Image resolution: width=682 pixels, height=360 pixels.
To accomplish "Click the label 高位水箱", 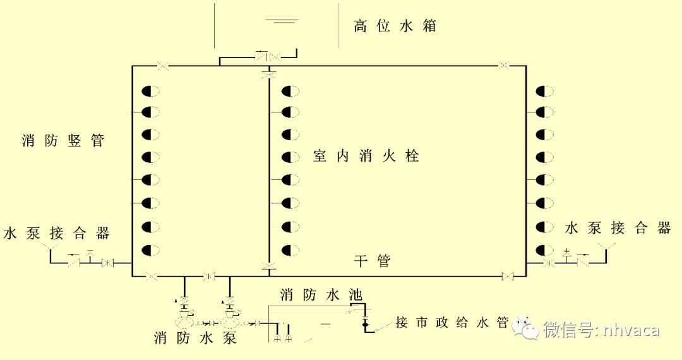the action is click(x=395, y=27).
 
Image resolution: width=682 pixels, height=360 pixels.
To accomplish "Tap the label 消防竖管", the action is click(x=63, y=141).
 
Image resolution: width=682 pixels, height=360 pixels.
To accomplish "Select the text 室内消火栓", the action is click(x=366, y=156).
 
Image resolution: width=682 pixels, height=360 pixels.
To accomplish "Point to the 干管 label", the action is click(x=372, y=260).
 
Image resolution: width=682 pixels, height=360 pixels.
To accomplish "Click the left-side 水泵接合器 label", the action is click(x=57, y=233).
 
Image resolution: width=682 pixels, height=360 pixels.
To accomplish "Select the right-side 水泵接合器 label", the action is click(x=618, y=228).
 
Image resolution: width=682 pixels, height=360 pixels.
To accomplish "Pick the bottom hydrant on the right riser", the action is click(x=544, y=249).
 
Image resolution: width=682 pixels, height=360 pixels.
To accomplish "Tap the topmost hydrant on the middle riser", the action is click(x=290, y=91).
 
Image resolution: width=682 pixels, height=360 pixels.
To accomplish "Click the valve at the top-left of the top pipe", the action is click(x=163, y=65).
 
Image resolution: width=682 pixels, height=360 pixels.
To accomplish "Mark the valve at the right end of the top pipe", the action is click(x=504, y=65).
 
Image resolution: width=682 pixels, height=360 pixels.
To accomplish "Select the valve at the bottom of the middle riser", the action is click(x=269, y=266).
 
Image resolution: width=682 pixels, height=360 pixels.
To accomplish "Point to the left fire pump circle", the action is click(x=184, y=322).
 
